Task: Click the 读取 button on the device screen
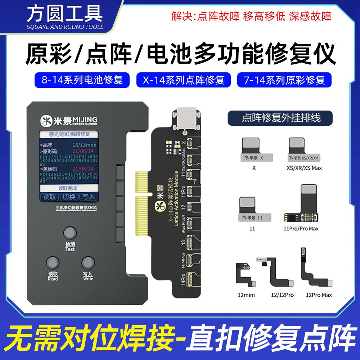50,197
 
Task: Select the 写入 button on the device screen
88,197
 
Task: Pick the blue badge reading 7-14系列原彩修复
284,80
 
